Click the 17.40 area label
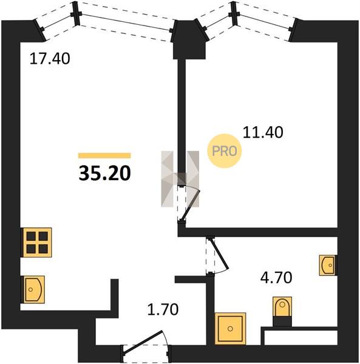click(50, 58)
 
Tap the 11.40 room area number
click(263, 132)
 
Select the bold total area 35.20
click(105, 174)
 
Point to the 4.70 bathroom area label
click(276, 278)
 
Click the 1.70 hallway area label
click(163, 309)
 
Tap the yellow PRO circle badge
click(225, 151)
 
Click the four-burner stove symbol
click(36, 243)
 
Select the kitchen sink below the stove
click(33, 289)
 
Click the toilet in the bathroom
click(282, 307)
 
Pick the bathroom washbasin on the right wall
click(328, 265)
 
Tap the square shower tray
click(230, 328)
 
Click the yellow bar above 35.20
click(104, 155)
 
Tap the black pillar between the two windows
click(189, 40)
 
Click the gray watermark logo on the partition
click(180, 179)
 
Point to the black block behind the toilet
click(282, 322)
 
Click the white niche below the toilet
click(301, 337)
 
